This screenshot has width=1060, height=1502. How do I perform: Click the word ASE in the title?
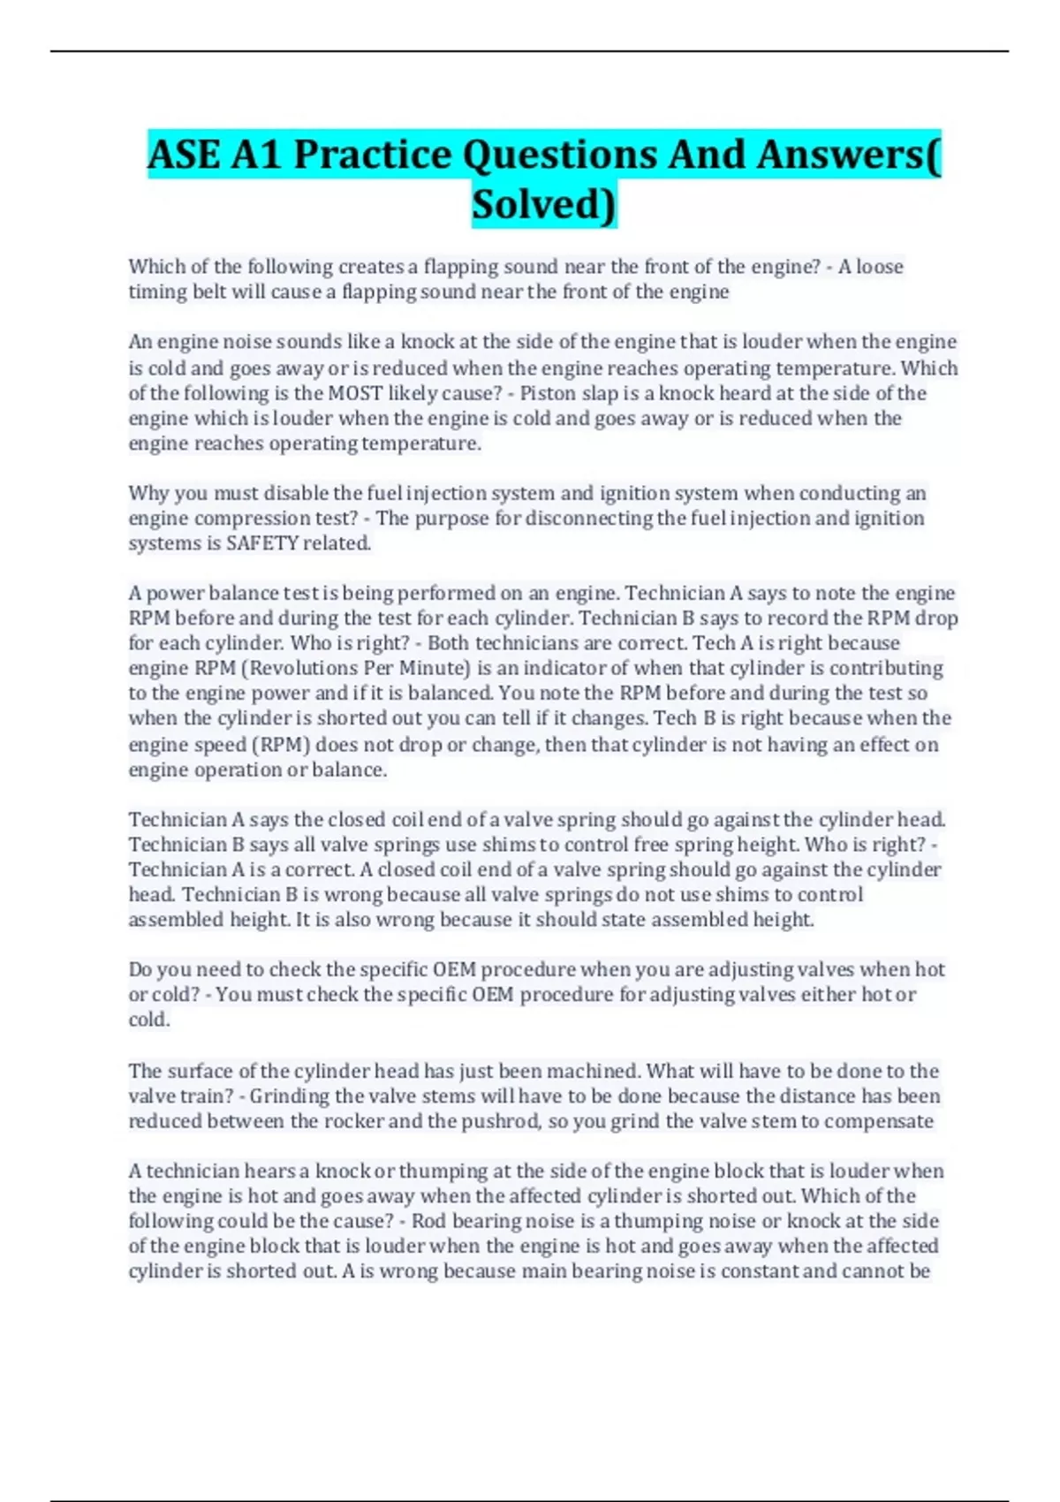coord(184,155)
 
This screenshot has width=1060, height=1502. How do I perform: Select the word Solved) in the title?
coord(543,204)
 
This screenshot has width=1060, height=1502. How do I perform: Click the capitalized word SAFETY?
coord(262,542)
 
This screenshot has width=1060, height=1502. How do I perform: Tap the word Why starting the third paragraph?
coord(148,493)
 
